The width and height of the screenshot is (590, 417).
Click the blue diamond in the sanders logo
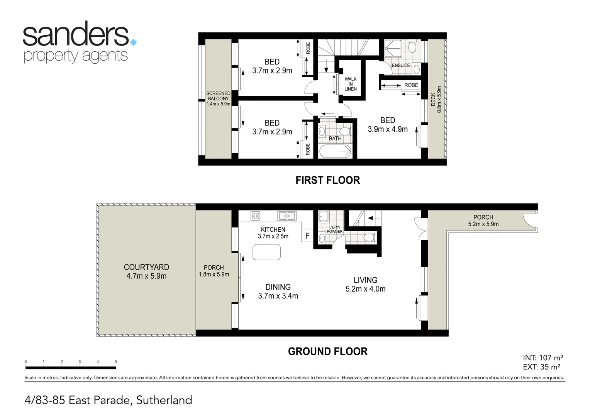(134, 42)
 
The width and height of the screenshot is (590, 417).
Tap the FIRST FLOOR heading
(327, 180)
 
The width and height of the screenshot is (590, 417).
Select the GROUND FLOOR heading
(327, 351)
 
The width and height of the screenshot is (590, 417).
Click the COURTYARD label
(146, 267)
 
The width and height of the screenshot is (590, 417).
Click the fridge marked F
(307, 236)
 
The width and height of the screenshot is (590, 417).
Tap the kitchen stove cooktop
(255, 216)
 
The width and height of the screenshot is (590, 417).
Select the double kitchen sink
(287, 216)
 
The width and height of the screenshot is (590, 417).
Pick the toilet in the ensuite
(412, 47)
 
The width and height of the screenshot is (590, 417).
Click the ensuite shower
(393, 49)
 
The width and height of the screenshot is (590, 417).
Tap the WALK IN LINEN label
(351, 84)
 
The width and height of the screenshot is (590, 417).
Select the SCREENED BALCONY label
(218, 98)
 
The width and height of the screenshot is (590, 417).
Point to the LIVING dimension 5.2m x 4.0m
(365, 289)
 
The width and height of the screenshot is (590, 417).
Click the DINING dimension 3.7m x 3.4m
(278, 296)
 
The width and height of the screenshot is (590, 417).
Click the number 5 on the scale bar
(116, 362)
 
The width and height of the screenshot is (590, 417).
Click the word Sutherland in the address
(164, 400)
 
